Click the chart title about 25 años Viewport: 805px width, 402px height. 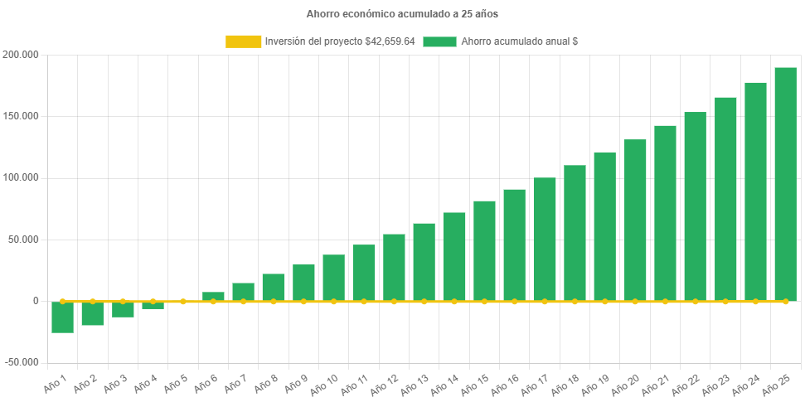point(402,14)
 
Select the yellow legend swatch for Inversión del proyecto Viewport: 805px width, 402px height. point(242,41)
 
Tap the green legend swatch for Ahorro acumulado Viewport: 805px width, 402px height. point(439,41)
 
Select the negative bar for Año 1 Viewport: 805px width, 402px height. point(62,317)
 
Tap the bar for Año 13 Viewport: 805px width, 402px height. point(424,262)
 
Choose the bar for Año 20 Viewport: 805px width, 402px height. point(635,220)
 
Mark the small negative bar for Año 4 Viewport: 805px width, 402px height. point(153,306)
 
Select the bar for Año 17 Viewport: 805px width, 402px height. point(545,240)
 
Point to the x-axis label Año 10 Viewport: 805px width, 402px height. point(322,383)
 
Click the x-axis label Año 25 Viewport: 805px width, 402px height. point(775,383)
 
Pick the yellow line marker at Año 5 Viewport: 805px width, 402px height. point(183,302)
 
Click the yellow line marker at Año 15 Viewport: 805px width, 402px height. point(484,302)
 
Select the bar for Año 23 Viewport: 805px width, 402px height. point(725,199)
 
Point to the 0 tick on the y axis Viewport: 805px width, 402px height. point(36,301)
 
